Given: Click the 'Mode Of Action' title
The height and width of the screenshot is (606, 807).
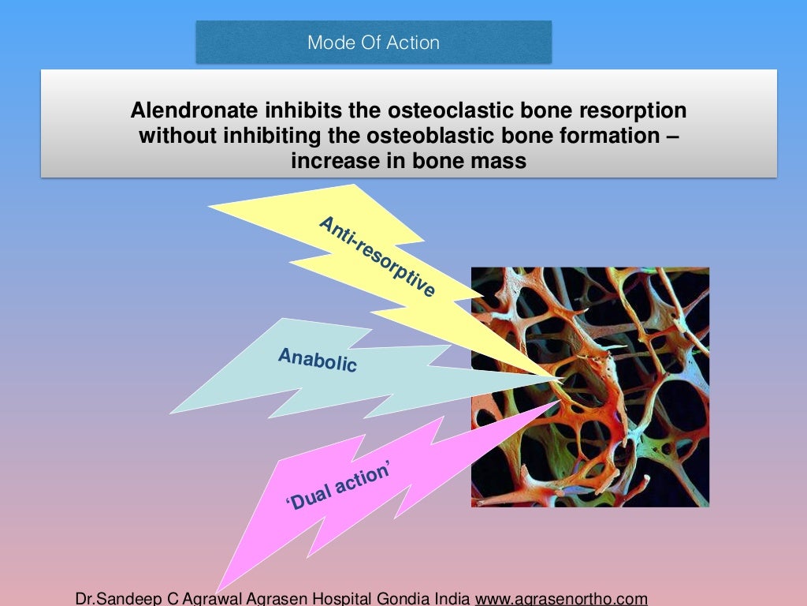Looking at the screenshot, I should tap(374, 42).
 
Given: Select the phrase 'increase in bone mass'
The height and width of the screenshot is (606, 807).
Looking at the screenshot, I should tap(408, 160).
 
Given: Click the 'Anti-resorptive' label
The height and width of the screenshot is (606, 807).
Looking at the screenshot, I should tap(377, 257).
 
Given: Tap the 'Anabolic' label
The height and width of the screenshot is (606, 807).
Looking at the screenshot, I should tap(318, 361).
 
